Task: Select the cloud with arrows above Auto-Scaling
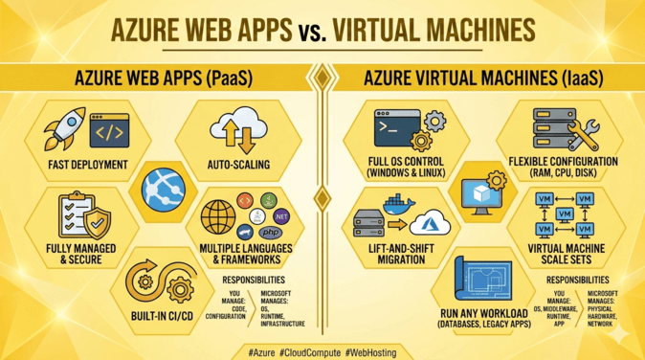tap(238, 130)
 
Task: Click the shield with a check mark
tap(98, 222)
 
